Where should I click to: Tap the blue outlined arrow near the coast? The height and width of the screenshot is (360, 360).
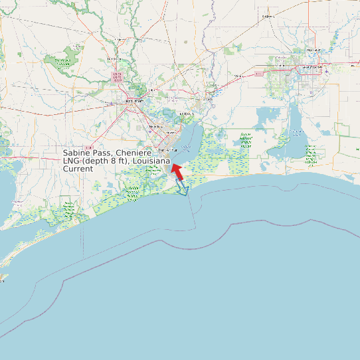(182, 190)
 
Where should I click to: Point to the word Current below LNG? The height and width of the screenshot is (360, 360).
(78, 169)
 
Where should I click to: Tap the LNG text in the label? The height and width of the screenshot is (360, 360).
(71, 161)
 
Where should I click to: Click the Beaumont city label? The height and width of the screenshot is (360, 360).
(134, 101)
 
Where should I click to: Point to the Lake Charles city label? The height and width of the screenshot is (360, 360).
(311, 68)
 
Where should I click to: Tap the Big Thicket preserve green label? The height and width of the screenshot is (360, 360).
(62, 62)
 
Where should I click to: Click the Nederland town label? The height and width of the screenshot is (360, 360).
(156, 126)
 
